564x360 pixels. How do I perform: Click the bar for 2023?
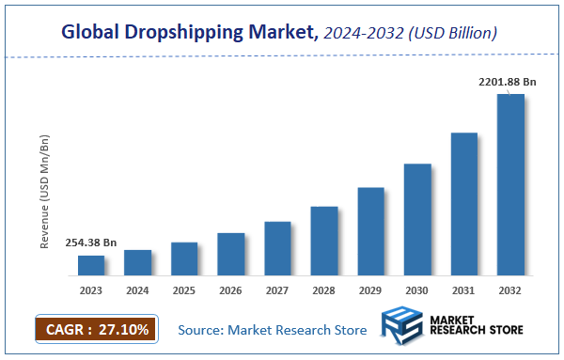coord(91,266)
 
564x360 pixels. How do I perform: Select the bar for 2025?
coord(184,259)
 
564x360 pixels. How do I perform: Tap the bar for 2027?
coord(277,249)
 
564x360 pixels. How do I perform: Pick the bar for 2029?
coord(370,232)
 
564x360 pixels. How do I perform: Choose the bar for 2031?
coord(464,205)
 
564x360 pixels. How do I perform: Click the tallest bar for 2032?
coord(510,185)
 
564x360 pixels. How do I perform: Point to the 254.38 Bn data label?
coord(91,243)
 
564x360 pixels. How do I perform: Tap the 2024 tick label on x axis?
coord(137,291)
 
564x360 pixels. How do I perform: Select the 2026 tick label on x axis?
coord(230,291)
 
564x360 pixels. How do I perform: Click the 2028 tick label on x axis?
coord(323,291)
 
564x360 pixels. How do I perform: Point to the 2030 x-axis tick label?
coord(417,291)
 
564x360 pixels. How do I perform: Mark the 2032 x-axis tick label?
coord(510,291)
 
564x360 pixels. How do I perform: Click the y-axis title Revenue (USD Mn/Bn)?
coord(44,192)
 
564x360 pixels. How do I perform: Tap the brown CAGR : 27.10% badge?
coord(98,330)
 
